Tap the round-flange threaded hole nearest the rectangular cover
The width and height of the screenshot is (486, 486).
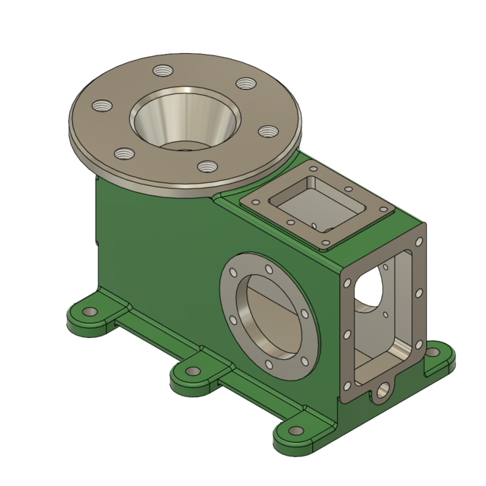pos(266,131)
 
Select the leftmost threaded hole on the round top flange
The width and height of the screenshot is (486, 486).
pos(99,106)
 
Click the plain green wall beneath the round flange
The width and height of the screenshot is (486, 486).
pos(152,243)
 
